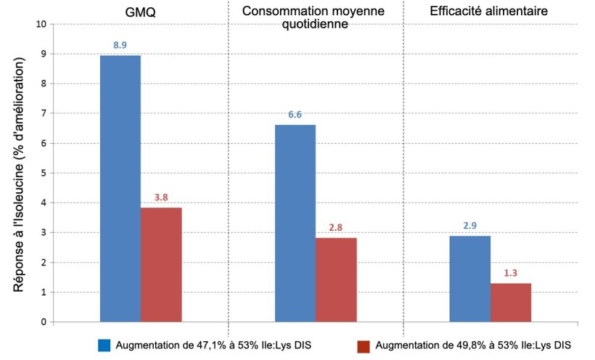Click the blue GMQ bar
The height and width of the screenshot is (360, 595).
coord(120,189)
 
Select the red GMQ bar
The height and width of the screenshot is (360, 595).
coord(161,265)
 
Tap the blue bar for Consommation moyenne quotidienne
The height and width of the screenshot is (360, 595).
coord(295,224)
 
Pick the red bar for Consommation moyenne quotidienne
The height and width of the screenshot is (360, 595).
coord(336,279)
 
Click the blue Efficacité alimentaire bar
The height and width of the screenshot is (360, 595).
coord(469,279)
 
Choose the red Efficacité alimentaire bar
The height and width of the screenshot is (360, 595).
coord(511,302)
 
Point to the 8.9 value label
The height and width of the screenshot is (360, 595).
coord(120,45)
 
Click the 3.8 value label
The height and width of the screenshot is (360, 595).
coord(161,197)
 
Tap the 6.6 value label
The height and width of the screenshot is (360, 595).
coord(295,114)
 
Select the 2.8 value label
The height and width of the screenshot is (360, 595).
coord(336,227)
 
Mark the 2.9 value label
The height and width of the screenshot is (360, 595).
coord(469,225)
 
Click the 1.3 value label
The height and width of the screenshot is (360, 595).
coord(511,272)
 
